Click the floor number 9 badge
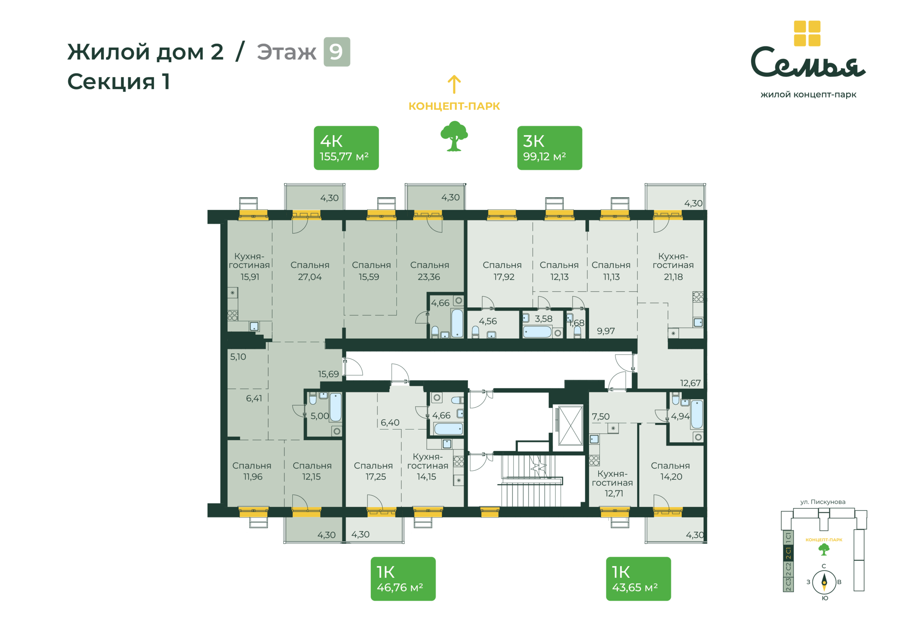pyautogui.click(x=337, y=52)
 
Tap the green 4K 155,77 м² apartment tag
pyautogui.click(x=346, y=148)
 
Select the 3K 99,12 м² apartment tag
pyautogui.click(x=550, y=148)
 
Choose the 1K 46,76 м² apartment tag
pyautogui.click(x=403, y=579)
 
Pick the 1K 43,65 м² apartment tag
pyautogui.click(x=638, y=579)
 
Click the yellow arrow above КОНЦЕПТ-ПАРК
pyautogui.click(x=454, y=84)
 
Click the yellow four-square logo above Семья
pyautogui.click(x=807, y=33)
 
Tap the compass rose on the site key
pyautogui.click(x=824, y=582)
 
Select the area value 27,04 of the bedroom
pyautogui.click(x=310, y=277)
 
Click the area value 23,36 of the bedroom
pyautogui.click(x=429, y=277)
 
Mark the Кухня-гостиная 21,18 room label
pyautogui.click(x=673, y=266)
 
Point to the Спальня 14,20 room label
pyautogui.click(x=670, y=471)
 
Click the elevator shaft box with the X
pyautogui.click(x=570, y=425)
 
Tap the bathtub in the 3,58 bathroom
pyautogui.click(x=537, y=332)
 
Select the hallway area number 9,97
pyautogui.click(x=606, y=331)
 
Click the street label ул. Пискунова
pyautogui.click(x=823, y=502)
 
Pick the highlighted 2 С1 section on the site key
pyautogui.click(x=788, y=553)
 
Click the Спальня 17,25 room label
pyautogui.click(x=373, y=471)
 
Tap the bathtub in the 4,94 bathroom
pyautogui.click(x=697, y=414)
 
